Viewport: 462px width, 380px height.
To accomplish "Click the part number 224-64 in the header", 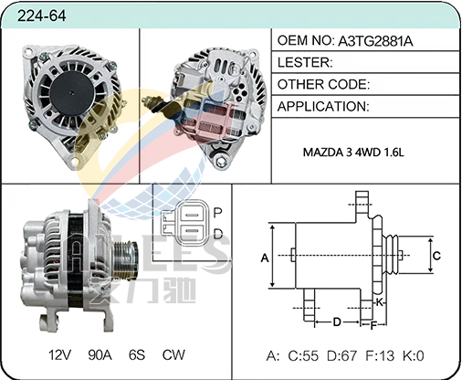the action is tap(41, 16).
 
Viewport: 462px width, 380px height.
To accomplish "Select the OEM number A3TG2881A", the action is tap(375, 41).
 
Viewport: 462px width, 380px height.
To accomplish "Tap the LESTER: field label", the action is tap(305, 62).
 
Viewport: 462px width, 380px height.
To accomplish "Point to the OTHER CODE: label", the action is tap(323, 84).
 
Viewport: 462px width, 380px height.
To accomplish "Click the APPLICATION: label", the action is tap(323, 107).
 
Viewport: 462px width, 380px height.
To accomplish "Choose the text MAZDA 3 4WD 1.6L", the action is tap(353, 152).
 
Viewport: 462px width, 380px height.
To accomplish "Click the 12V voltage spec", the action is tap(59, 354).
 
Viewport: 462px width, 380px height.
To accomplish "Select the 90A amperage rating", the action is tap(100, 354).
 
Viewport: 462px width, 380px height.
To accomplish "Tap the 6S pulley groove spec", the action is tap(137, 354).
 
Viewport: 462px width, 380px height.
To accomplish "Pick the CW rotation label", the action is tap(173, 354).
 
